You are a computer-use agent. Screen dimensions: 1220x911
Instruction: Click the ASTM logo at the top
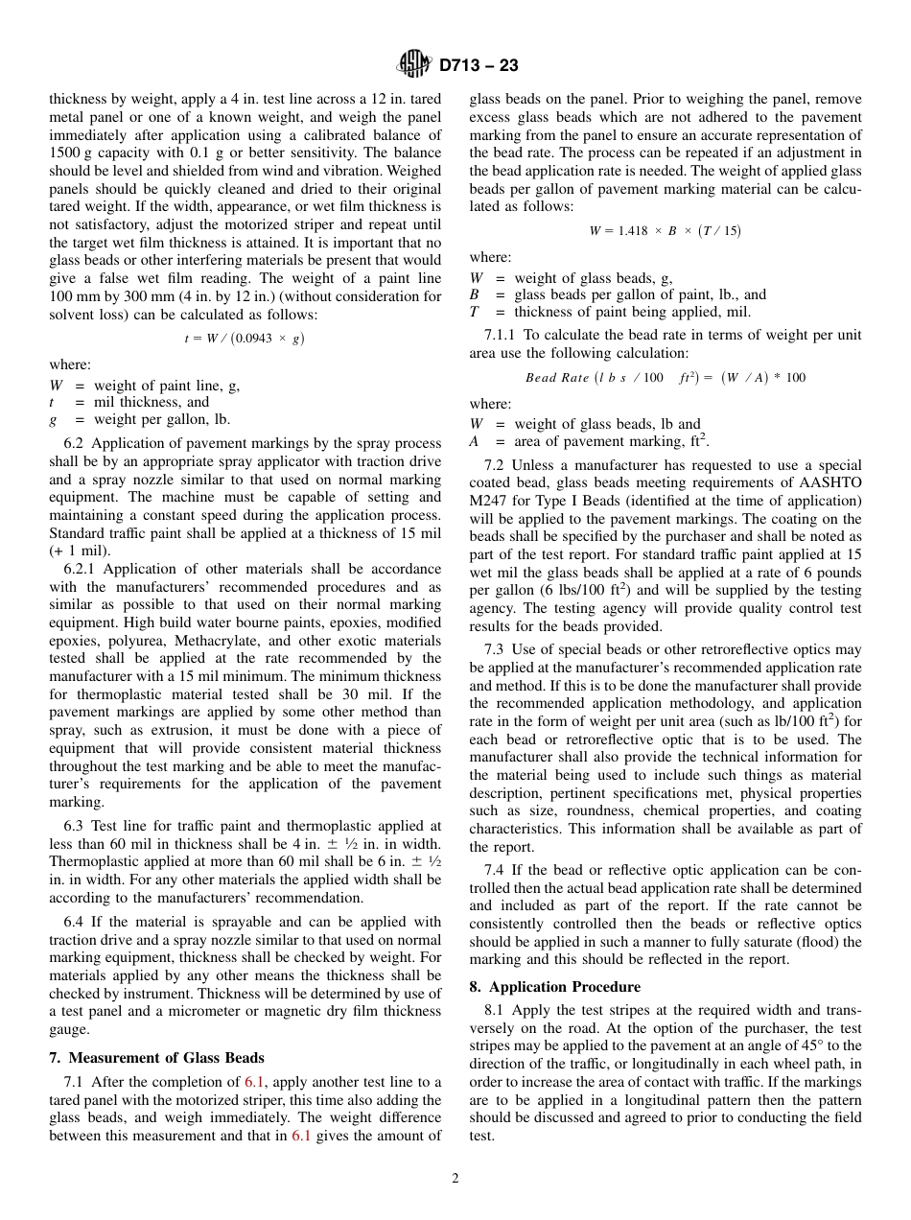[415, 65]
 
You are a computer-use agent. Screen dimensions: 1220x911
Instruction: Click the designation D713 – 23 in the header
[479, 66]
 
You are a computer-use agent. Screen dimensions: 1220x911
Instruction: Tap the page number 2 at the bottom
[455, 1178]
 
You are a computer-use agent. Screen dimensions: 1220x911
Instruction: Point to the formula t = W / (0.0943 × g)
[245, 338]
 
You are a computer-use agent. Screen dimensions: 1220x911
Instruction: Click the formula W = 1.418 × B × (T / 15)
[665, 230]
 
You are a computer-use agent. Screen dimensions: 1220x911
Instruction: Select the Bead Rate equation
[665, 377]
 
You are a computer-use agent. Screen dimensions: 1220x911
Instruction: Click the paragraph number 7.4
[495, 870]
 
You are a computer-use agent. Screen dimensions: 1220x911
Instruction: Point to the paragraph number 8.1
[495, 1010]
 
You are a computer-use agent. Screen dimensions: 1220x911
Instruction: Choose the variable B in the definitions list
[474, 295]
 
